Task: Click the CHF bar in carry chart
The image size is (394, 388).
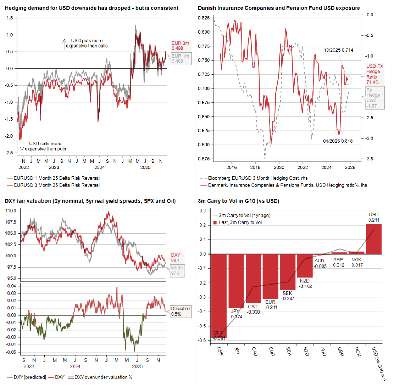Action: click(x=219, y=296)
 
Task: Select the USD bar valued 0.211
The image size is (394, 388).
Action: click(x=373, y=239)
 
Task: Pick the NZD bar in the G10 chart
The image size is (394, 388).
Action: click(x=305, y=266)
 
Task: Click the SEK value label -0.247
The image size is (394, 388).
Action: click(x=288, y=298)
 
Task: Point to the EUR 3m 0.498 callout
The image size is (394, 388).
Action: click(x=180, y=46)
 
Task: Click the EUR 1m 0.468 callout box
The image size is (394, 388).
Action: click(x=180, y=59)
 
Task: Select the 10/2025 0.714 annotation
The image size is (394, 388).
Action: click(x=338, y=50)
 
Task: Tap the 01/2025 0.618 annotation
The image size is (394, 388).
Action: click(x=338, y=141)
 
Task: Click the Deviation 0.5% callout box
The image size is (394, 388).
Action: click(x=180, y=311)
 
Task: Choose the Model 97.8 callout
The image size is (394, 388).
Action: click(x=177, y=270)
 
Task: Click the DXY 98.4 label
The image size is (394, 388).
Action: click(x=176, y=257)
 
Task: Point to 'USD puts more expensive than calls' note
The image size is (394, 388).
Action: click(x=87, y=43)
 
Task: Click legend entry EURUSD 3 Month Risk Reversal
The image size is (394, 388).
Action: click(x=56, y=185)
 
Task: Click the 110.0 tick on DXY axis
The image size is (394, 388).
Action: click(x=11, y=211)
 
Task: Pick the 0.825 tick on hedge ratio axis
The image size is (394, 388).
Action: click(x=204, y=18)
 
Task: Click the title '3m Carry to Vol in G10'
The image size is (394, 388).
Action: click(x=238, y=201)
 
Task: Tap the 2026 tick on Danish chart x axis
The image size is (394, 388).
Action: click(x=350, y=167)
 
